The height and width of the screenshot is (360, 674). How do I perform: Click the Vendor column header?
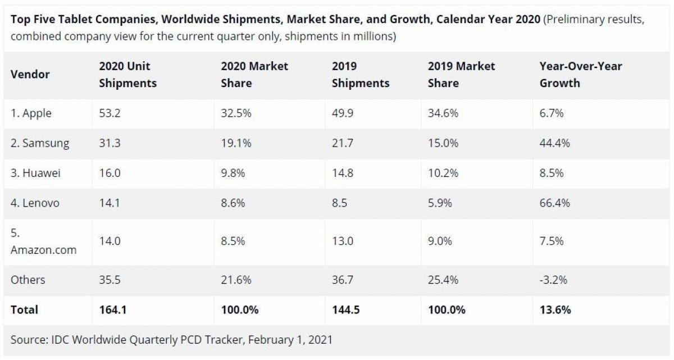30,74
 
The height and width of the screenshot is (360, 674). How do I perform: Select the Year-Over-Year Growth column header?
580,74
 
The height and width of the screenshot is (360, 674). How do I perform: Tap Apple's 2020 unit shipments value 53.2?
110,113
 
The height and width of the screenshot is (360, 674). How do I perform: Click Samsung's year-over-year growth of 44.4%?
554,143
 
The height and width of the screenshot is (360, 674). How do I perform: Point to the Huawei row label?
35,173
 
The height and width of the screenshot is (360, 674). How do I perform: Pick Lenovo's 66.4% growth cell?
554,203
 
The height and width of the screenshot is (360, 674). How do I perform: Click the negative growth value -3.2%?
553,279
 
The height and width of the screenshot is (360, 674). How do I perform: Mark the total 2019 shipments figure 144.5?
345,309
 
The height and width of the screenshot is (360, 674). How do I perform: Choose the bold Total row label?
24,309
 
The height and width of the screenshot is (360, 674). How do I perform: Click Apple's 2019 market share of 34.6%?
443,113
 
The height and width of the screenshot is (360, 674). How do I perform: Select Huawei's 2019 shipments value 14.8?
343,173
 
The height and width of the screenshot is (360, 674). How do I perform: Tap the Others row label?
28,279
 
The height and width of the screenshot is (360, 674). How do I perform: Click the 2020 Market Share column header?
254,74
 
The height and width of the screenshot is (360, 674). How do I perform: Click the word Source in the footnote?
28,340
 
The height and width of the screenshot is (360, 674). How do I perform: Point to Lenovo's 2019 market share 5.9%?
440,203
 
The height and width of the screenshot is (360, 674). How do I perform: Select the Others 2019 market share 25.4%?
443,279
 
